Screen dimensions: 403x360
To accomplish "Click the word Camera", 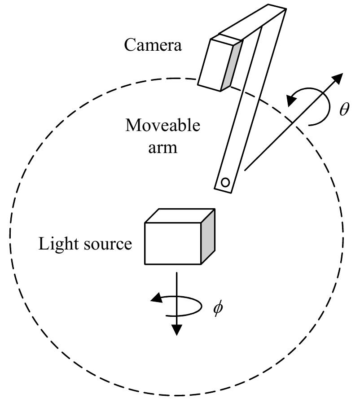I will pyautogui.click(x=154, y=45).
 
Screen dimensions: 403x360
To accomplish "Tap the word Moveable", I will pyautogui.click(x=162, y=126).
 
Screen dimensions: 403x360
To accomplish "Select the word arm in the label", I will pyautogui.click(x=162, y=147).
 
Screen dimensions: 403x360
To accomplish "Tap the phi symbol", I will pyautogui.click(x=218, y=310).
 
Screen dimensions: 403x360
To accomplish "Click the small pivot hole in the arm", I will pyautogui.click(x=225, y=182).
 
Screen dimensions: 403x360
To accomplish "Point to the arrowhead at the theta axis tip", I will pyautogui.click(x=338, y=78).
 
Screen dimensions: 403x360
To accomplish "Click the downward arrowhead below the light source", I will pyautogui.click(x=177, y=330).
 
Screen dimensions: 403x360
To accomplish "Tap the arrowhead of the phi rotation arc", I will pyautogui.click(x=157, y=298).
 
